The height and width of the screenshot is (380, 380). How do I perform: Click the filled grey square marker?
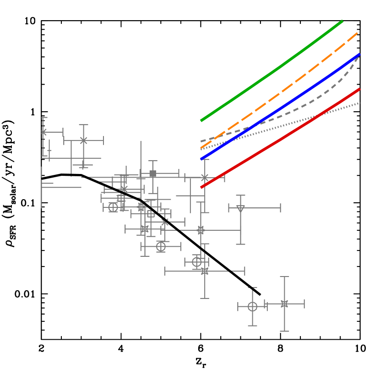click(x=152, y=174)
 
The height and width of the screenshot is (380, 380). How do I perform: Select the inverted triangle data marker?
click(x=240, y=209)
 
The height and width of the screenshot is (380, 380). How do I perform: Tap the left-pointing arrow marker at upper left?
click(x=44, y=132)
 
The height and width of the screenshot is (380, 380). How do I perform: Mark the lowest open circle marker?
click(x=252, y=306)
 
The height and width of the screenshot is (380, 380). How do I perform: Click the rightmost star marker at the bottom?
click(x=284, y=304)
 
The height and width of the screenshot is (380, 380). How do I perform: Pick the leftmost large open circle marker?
click(x=113, y=207)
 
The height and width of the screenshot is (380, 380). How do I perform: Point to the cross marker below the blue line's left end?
click(x=205, y=178)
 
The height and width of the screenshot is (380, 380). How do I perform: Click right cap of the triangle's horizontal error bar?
click(x=280, y=208)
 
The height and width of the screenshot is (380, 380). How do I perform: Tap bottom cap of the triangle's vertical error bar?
click(x=240, y=244)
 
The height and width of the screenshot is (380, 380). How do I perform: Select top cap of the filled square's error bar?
click(x=152, y=161)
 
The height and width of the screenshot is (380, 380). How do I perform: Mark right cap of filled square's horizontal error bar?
click(x=179, y=174)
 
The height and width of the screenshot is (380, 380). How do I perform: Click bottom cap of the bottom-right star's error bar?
click(x=284, y=331)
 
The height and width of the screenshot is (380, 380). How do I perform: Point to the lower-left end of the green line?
click(x=201, y=121)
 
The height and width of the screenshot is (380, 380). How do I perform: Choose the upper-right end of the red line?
click(x=360, y=89)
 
